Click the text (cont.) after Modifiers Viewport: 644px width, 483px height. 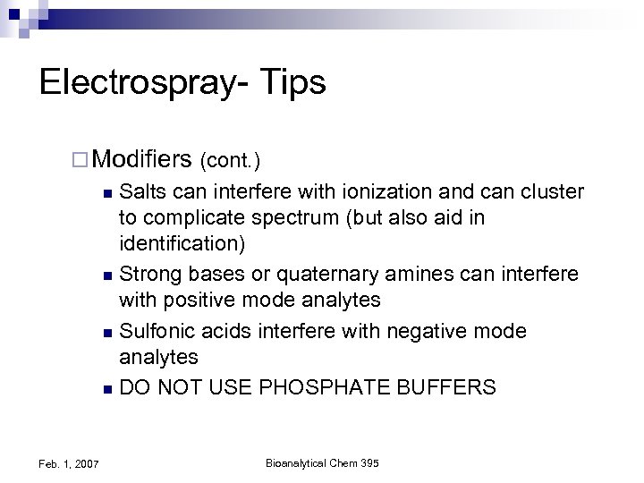coord(231,161)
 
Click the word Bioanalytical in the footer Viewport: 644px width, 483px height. coord(294,462)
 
